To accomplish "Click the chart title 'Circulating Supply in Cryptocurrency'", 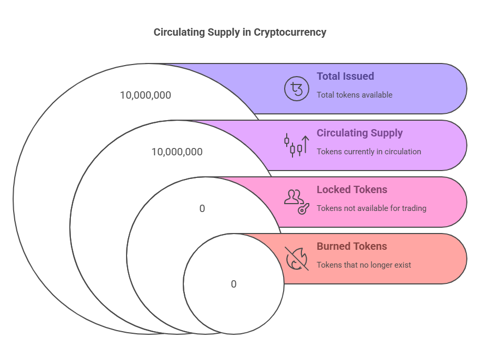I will click(239, 32).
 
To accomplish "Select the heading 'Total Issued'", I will click(345, 76).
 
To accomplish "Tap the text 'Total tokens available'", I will click(354, 95).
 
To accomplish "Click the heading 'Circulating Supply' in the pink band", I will click(359, 133).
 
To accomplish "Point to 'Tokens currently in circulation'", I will click(369, 152).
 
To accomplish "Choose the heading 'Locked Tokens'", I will click(351, 189).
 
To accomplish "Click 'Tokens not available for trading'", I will click(371, 208).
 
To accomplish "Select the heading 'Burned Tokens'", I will click(351, 246).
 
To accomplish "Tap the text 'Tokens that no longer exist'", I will click(363, 265).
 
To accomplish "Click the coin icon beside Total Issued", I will click(297, 88).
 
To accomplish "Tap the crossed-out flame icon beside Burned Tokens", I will click(297, 258).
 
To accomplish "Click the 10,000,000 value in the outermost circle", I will click(145, 95).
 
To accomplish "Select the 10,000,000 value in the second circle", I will click(177, 152).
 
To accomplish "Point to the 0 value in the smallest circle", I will click(234, 284).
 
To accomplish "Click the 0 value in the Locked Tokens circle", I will click(202, 208).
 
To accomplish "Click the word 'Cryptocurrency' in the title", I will click(290, 32).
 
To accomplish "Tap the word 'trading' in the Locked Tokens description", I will click(413, 208).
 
